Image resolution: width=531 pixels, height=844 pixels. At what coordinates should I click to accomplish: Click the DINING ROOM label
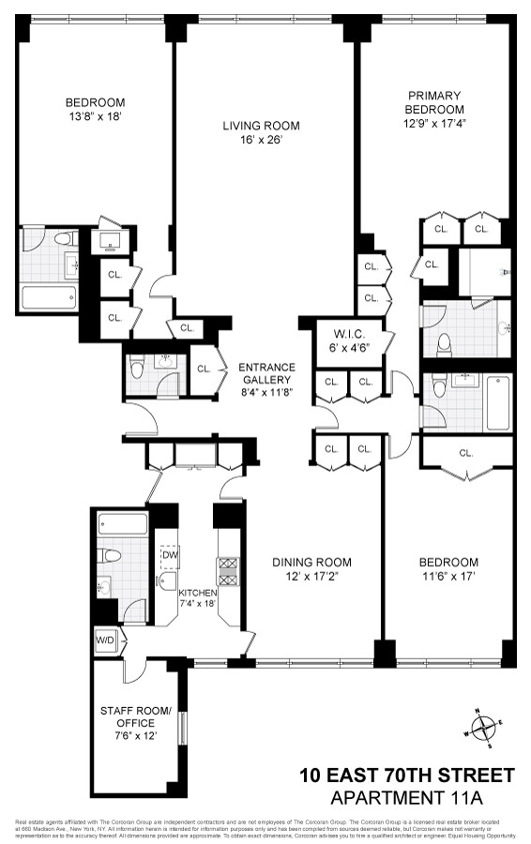311,562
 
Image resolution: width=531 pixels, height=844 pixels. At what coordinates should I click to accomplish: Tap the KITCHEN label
198,593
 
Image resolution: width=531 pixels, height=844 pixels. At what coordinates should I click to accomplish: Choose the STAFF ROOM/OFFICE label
136,716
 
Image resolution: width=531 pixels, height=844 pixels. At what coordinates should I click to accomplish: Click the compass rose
484,727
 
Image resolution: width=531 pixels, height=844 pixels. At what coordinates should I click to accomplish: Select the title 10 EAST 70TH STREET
406,776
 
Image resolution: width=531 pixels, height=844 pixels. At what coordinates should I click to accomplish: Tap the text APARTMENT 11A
423,797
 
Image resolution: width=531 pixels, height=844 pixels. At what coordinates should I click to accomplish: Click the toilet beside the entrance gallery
137,369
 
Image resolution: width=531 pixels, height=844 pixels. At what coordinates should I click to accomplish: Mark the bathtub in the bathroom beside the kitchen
122,523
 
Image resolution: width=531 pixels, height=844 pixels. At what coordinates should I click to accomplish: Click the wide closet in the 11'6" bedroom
466,454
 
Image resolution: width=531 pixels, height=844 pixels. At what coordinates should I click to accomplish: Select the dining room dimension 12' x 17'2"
311,576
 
